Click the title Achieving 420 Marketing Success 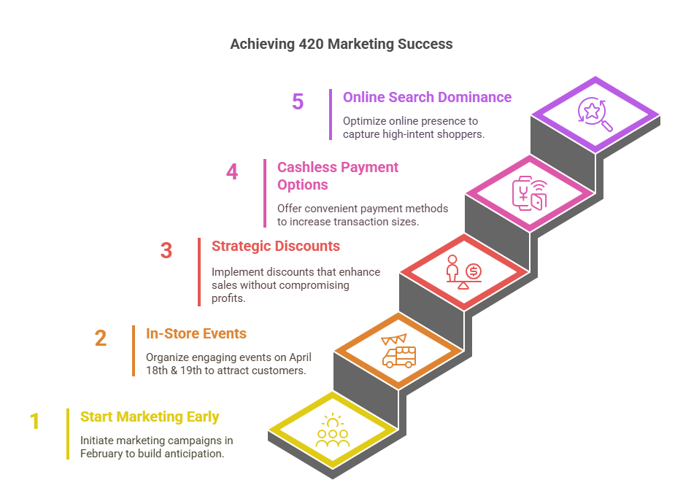click(x=341, y=44)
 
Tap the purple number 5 click(x=298, y=102)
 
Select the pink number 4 click(x=232, y=171)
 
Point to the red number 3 click(x=166, y=250)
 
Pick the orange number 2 click(x=101, y=338)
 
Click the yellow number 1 click(x=34, y=421)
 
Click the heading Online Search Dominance click(x=427, y=97)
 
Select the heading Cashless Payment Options click(x=338, y=176)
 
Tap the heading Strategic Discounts click(x=276, y=246)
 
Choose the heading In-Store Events click(x=196, y=333)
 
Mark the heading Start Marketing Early click(x=150, y=416)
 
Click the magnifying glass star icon click(x=595, y=114)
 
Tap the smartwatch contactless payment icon click(x=529, y=193)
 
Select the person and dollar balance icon click(x=463, y=272)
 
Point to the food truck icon click(x=398, y=351)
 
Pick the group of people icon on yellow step click(x=333, y=430)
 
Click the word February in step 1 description click(x=101, y=454)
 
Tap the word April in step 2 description click(x=300, y=357)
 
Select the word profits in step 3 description click(x=228, y=298)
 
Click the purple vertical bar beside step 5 click(x=331, y=115)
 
